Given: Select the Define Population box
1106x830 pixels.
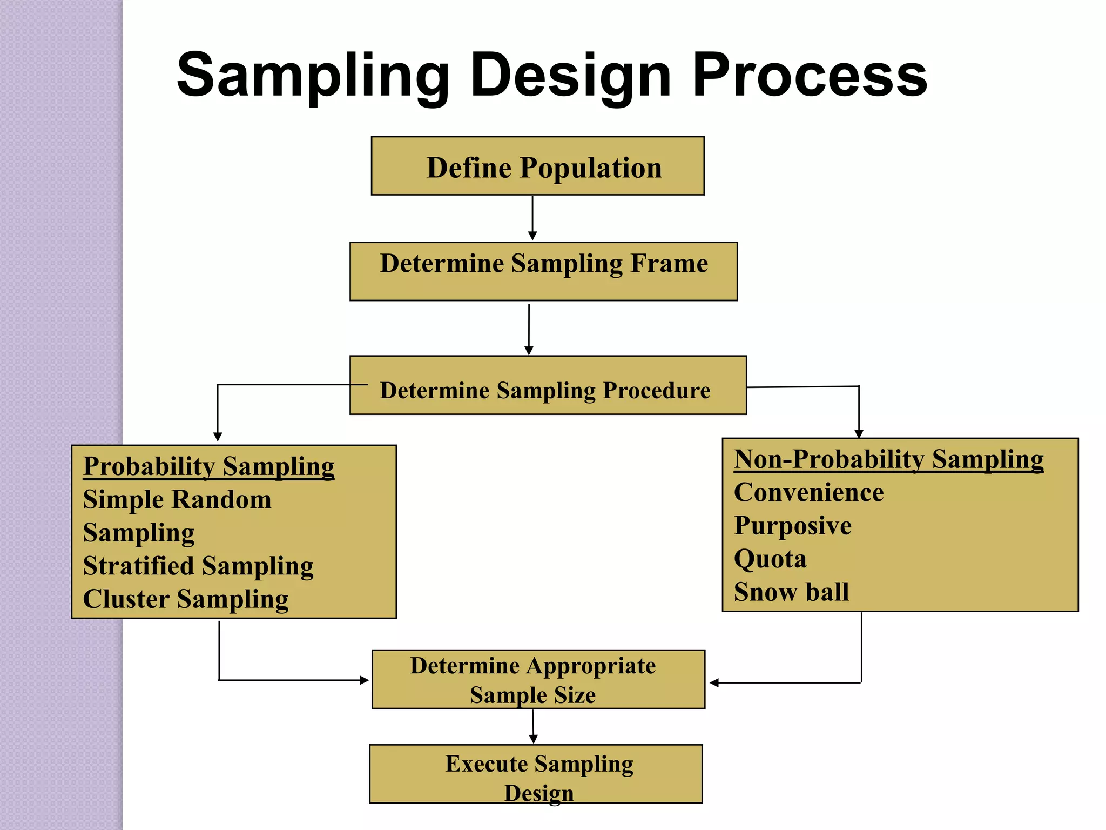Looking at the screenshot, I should tap(537, 166).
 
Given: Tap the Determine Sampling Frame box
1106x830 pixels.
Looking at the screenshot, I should tap(543, 271).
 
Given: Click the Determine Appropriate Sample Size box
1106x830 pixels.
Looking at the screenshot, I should tap(538, 679).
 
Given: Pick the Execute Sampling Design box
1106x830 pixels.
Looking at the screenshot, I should tap(536, 774).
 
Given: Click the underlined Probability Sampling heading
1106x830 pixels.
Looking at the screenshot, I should tap(208, 466).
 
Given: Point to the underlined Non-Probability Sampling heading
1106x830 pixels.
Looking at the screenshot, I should tap(888, 459).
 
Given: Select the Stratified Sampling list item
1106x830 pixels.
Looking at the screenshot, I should tap(198, 566).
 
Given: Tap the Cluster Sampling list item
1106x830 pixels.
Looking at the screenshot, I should tap(186, 599).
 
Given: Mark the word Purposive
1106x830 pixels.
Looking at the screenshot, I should tap(792, 526).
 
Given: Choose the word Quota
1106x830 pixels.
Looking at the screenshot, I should tap(770, 559).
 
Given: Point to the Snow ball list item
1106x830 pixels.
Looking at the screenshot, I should tap(791, 592).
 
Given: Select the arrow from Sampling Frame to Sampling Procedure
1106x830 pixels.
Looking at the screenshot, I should tap(529, 329).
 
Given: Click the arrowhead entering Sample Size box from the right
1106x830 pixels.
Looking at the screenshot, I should tap(714, 683).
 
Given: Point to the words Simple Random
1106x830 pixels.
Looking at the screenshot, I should tap(177, 500).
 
